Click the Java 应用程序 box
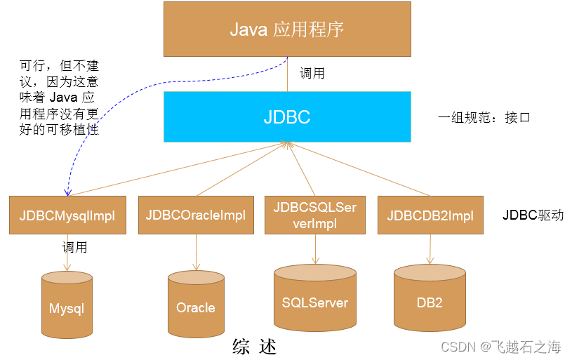pyautogui.click(x=286, y=29)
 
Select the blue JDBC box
pyautogui.click(x=286, y=116)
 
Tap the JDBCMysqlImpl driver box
pyautogui.click(x=67, y=215)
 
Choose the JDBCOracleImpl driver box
pyautogui.click(x=196, y=215)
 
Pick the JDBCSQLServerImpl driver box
pyautogui.click(x=315, y=215)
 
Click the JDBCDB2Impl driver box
pyautogui.click(x=430, y=215)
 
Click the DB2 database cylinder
pyautogui.click(x=430, y=299)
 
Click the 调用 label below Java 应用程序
pyautogui.click(x=312, y=73)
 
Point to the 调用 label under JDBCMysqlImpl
pyautogui.click(x=75, y=247)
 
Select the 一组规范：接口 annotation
pyautogui.click(x=484, y=117)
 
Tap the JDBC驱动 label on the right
pyautogui.click(x=533, y=215)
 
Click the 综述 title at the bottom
pyautogui.click(x=255, y=347)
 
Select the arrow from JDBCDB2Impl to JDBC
pyautogui.click(x=358, y=169)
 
